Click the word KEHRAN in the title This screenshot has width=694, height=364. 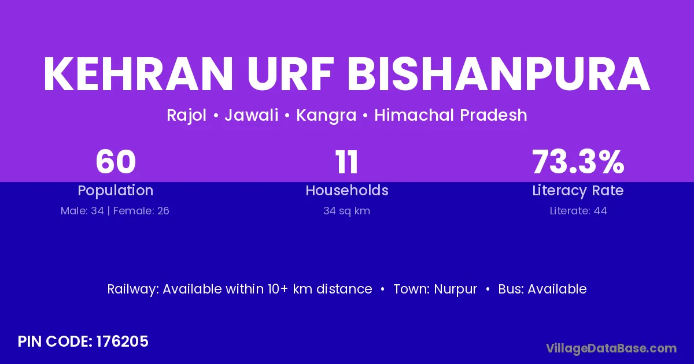[x=138, y=74]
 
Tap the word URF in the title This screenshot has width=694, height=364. [x=290, y=74]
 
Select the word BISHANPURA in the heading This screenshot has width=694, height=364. [x=499, y=74]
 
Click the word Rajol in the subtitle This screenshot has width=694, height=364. [x=186, y=116]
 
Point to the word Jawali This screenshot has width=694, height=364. [x=251, y=115]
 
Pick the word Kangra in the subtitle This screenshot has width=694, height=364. [x=326, y=116]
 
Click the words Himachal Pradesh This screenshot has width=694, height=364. [x=451, y=115]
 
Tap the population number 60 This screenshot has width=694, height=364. [x=116, y=162]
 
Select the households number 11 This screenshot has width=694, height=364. [x=346, y=162]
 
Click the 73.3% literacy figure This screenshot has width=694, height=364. [x=578, y=162]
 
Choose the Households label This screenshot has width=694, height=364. [x=347, y=190]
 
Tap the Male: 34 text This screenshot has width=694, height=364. [x=82, y=211]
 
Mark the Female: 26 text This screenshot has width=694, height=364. [x=141, y=211]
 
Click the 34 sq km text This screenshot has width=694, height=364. [x=346, y=211]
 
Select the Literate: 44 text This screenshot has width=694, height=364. [x=578, y=211]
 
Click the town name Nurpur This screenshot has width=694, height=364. [x=456, y=289]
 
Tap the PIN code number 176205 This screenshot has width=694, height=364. [x=123, y=341]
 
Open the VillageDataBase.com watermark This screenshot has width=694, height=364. [x=611, y=348]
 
